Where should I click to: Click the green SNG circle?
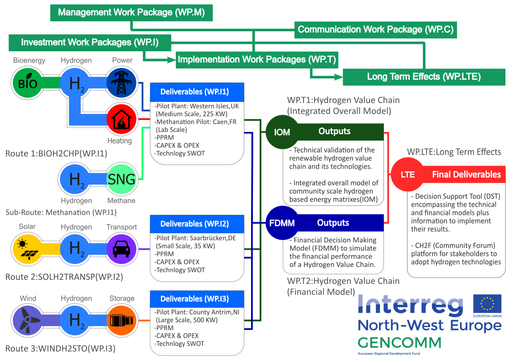[x=121, y=180]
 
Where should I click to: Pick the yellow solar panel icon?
[x=28, y=249]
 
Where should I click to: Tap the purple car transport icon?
[x=121, y=249]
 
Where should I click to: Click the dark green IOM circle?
[x=282, y=132]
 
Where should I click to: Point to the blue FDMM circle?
[x=282, y=223]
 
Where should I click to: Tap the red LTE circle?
[x=407, y=174]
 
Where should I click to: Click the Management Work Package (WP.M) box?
[x=131, y=13]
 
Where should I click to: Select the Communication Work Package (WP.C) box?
[x=375, y=30]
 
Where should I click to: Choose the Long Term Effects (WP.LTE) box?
[x=423, y=77]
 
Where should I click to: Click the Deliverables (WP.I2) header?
[x=197, y=224]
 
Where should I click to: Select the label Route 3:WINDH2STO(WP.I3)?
[x=61, y=349]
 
